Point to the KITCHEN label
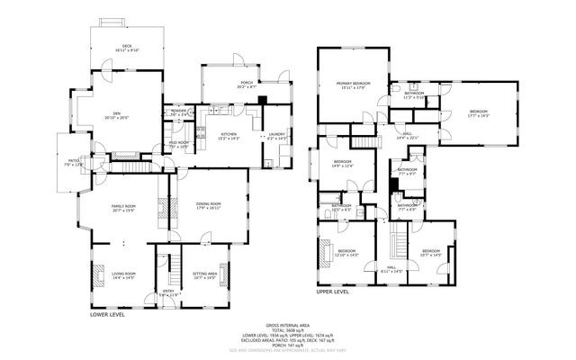[229, 134]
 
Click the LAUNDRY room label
[276, 134]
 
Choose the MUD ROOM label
[178, 142]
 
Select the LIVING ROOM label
[123, 274]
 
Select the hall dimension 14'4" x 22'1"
[408, 138]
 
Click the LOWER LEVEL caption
[107, 315]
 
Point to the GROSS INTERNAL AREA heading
[287, 325]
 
